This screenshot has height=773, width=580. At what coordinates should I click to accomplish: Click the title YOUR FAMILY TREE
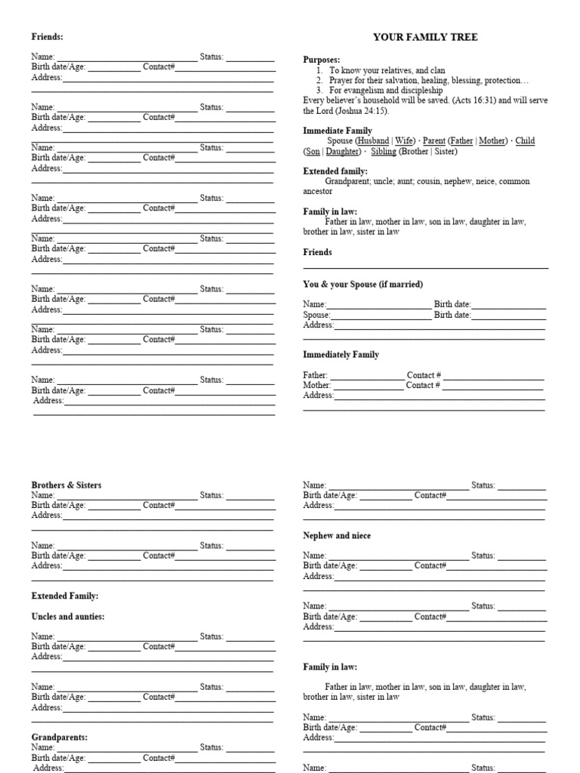point(426,37)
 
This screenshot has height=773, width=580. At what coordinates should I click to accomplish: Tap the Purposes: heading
point(322,60)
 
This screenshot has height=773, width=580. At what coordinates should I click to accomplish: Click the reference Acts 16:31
point(477,100)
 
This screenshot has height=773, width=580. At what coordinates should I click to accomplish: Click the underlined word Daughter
point(343,152)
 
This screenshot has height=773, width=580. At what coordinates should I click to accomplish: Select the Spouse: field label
point(317,315)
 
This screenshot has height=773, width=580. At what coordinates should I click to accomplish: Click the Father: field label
point(316,375)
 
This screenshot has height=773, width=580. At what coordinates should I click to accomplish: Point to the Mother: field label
point(317,385)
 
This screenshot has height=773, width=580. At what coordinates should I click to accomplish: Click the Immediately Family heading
point(341,355)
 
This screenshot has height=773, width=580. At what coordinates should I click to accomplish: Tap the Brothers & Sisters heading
point(66,485)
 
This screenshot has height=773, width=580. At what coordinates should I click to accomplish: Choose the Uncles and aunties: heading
point(68,617)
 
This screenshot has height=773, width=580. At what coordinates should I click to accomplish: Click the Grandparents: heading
point(60,737)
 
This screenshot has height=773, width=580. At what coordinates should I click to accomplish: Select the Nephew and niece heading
point(337,536)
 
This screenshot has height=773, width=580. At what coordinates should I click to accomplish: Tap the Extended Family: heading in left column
point(65,596)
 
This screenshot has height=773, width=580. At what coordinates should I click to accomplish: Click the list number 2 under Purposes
point(320,80)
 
